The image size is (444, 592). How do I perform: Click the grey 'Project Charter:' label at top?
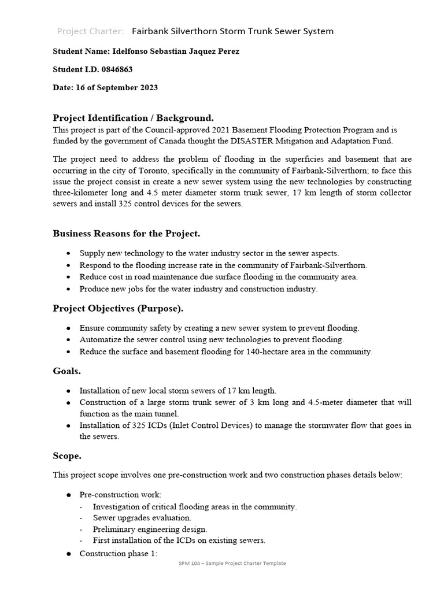(90, 31)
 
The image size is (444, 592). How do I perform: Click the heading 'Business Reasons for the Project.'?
(127, 234)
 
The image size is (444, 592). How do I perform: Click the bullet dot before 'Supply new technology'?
(69, 253)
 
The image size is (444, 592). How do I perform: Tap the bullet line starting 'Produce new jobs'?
(198, 289)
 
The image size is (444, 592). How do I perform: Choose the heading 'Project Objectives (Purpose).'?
(118, 308)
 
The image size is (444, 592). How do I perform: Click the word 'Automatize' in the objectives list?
(99, 339)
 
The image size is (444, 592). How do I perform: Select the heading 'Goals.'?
(66, 371)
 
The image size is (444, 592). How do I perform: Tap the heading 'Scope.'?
(67, 456)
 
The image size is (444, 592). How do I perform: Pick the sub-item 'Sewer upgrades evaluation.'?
(142, 518)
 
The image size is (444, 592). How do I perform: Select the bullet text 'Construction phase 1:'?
(118, 553)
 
